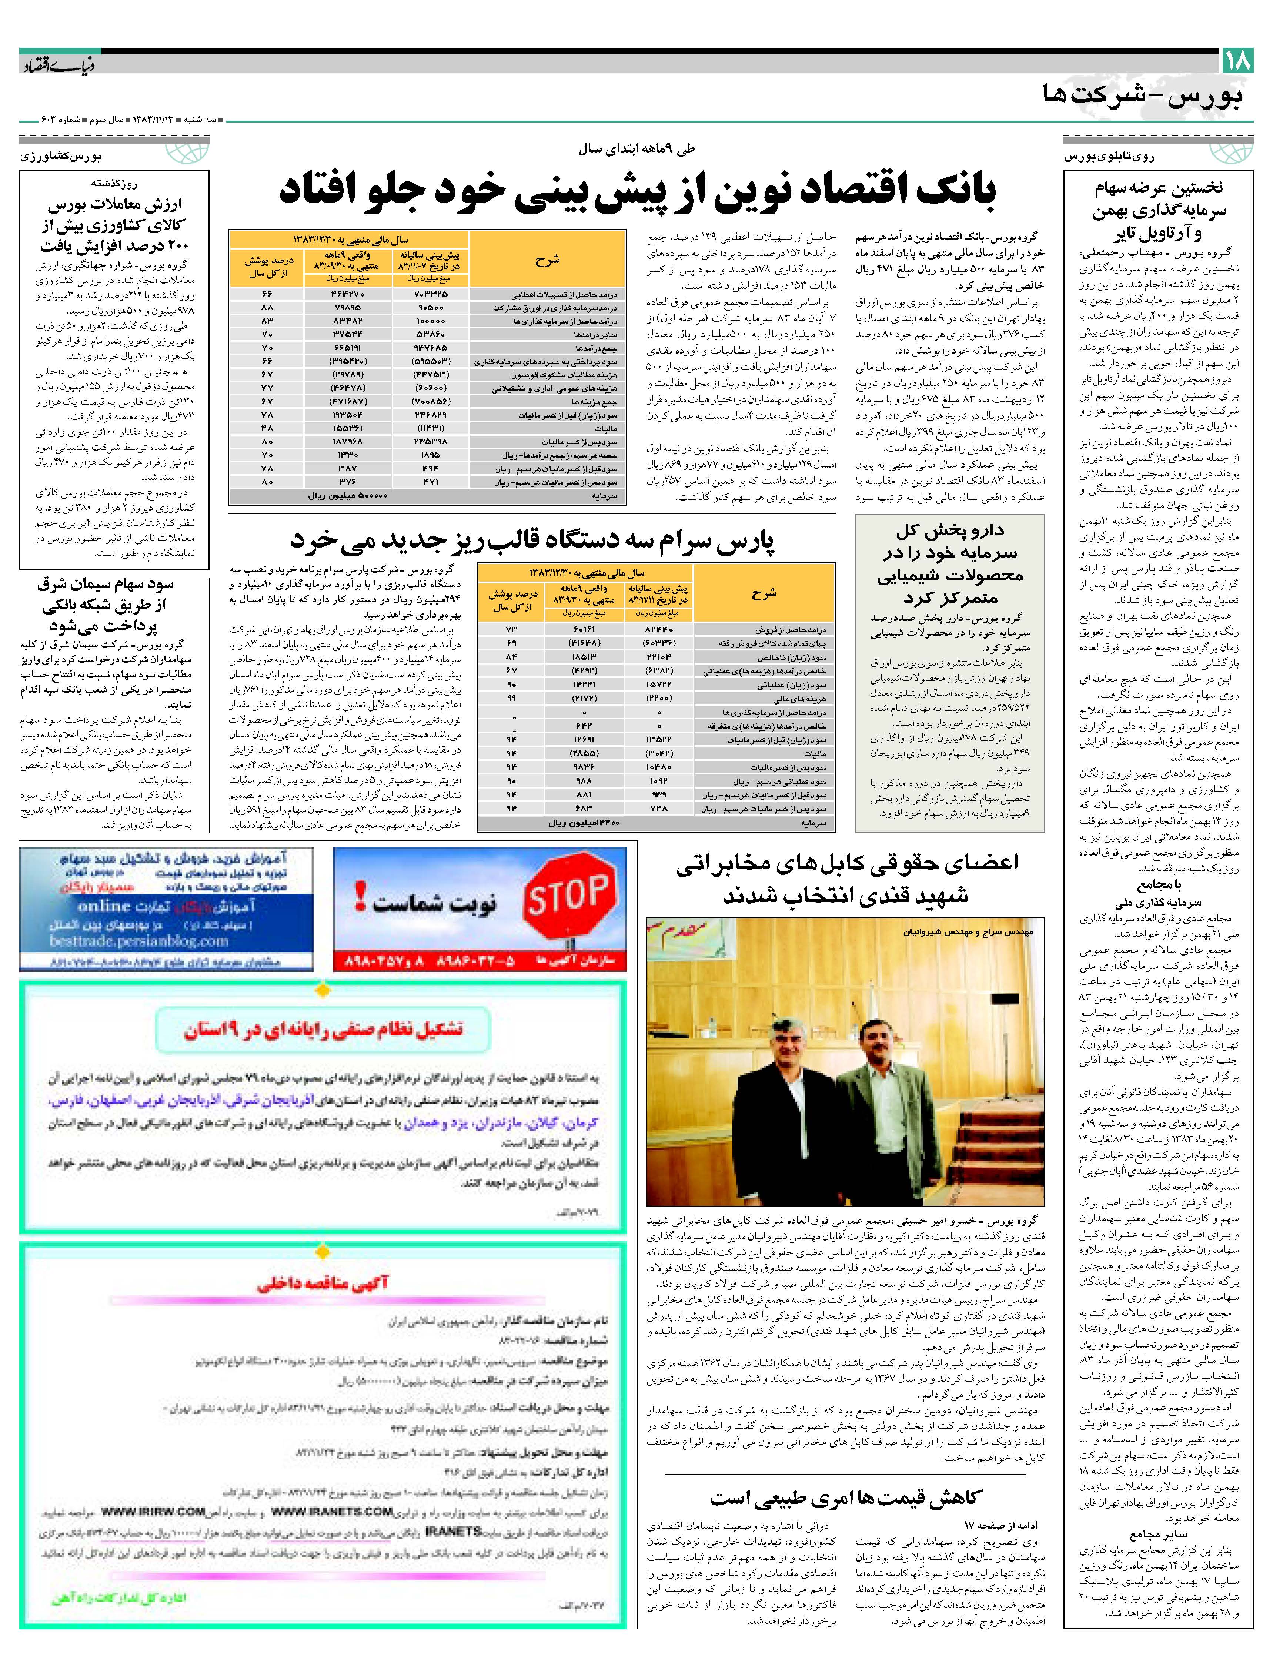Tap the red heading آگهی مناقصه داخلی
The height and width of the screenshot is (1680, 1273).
323,1284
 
